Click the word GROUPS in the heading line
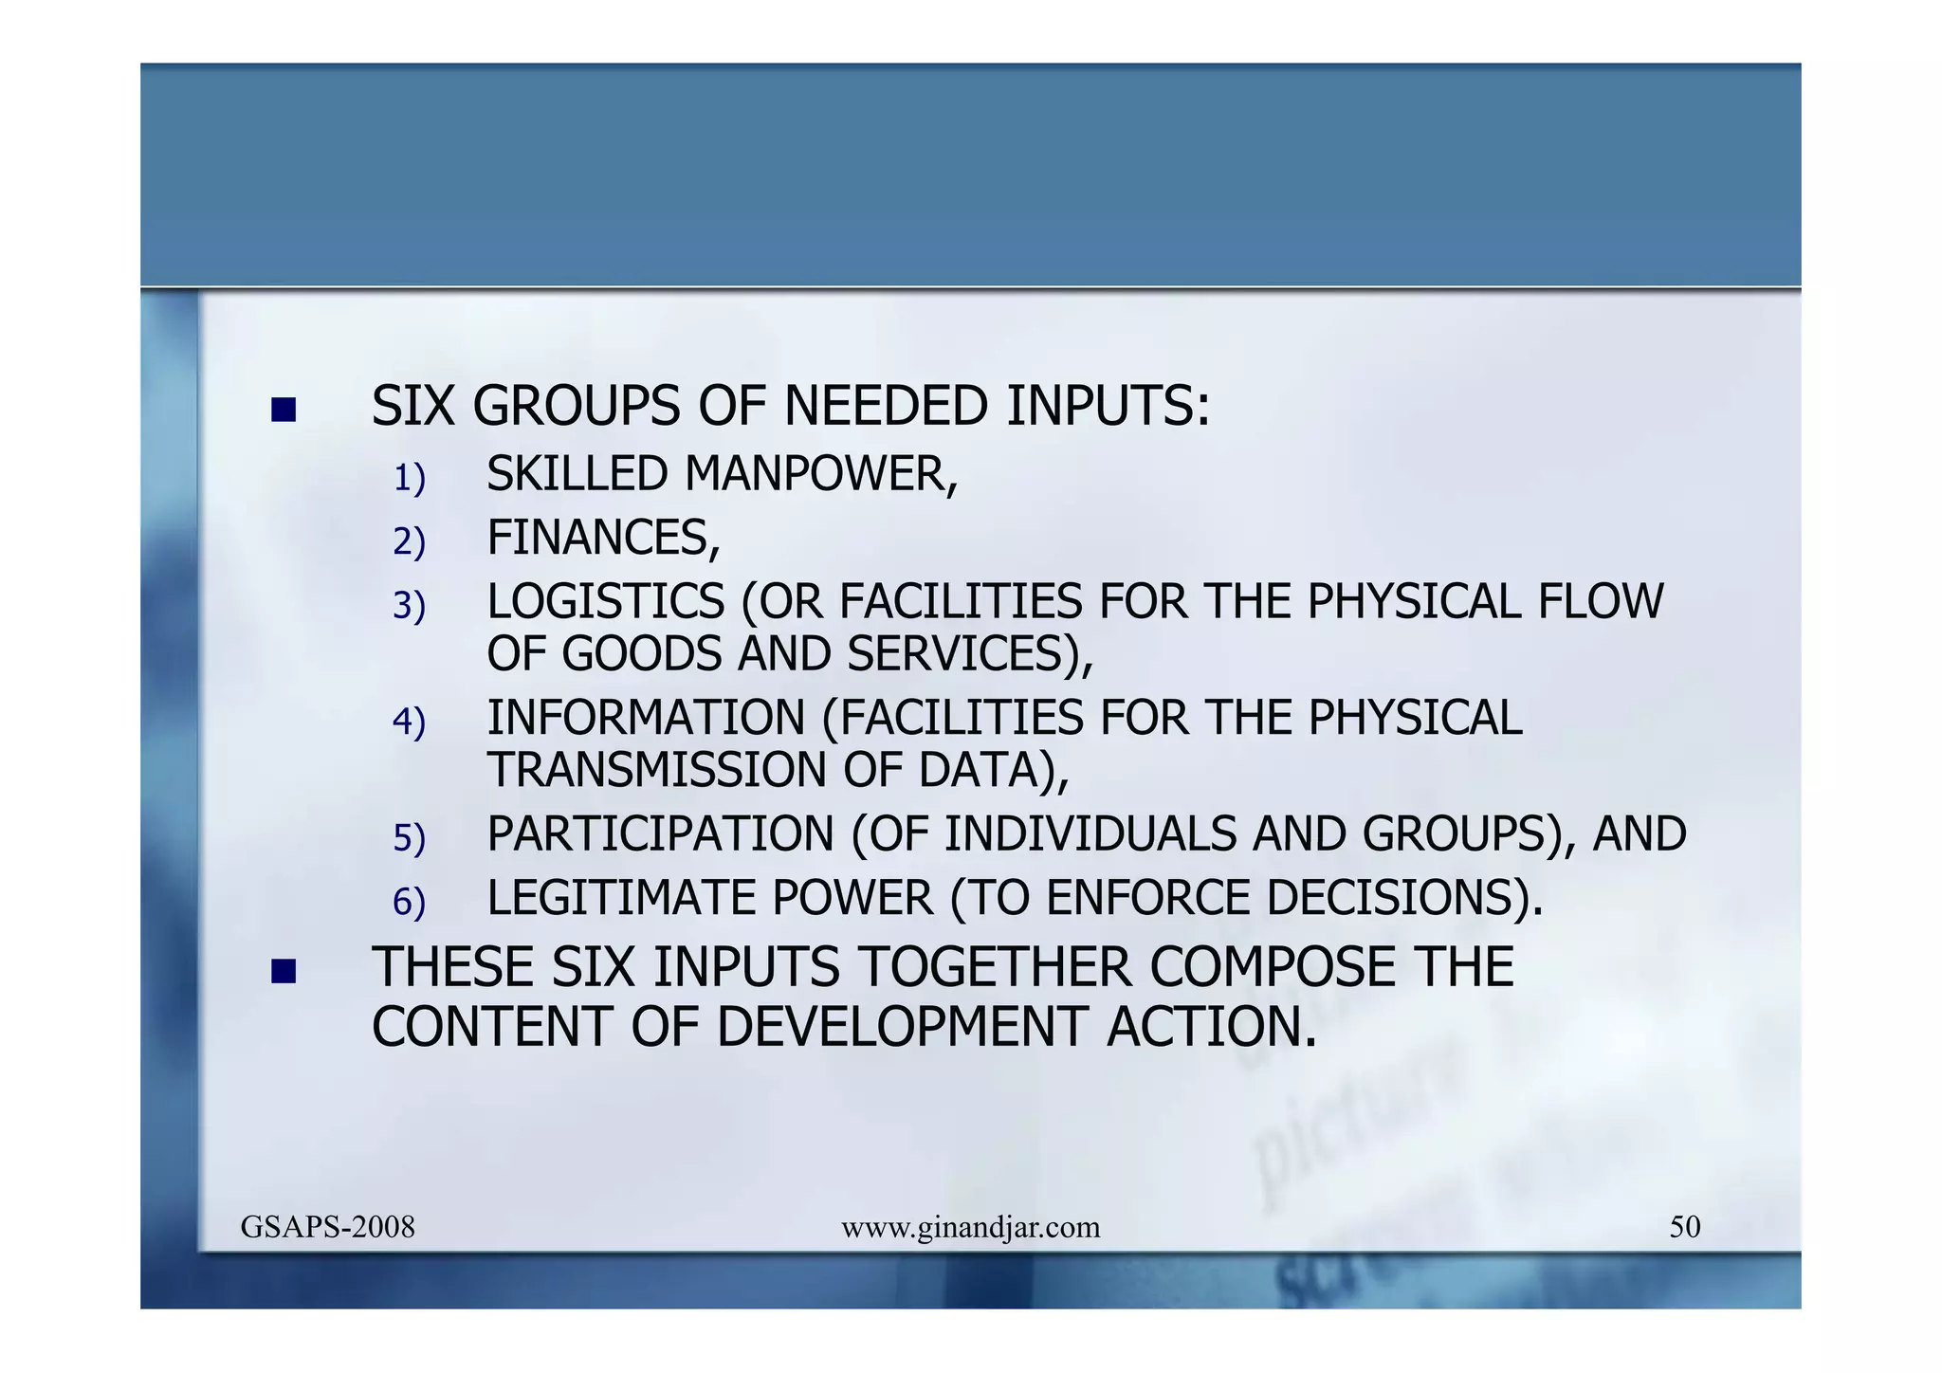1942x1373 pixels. click(x=577, y=407)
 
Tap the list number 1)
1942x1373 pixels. click(x=409, y=478)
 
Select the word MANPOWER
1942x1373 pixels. click(x=820, y=474)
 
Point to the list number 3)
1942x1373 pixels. click(x=409, y=606)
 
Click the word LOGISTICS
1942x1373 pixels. click(x=606, y=601)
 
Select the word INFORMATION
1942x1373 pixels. click(x=646, y=718)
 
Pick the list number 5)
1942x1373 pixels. click(x=409, y=838)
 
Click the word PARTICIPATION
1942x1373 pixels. click(x=660, y=834)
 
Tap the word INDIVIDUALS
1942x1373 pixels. click(x=1090, y=834)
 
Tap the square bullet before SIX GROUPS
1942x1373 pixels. click(x=283, y=410)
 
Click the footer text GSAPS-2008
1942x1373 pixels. click(x=327, y=1227)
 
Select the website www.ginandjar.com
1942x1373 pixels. click(x=970, y=1228)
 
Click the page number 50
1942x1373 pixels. click(x=1684, y=1227)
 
